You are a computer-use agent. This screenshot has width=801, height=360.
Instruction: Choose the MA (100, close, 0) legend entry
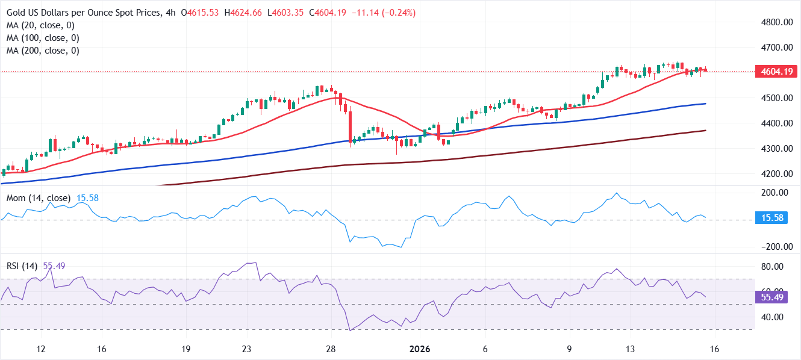pyautogui.click(x=43, y=38)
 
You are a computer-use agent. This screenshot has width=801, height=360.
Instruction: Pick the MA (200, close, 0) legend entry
pyautogui.click(x=43, y=51)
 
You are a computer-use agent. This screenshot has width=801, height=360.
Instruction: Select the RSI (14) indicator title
pyautogui.click(x=22, y=265)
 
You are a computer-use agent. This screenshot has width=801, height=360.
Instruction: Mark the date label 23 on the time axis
pyautogui.click(x=246, y=349)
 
